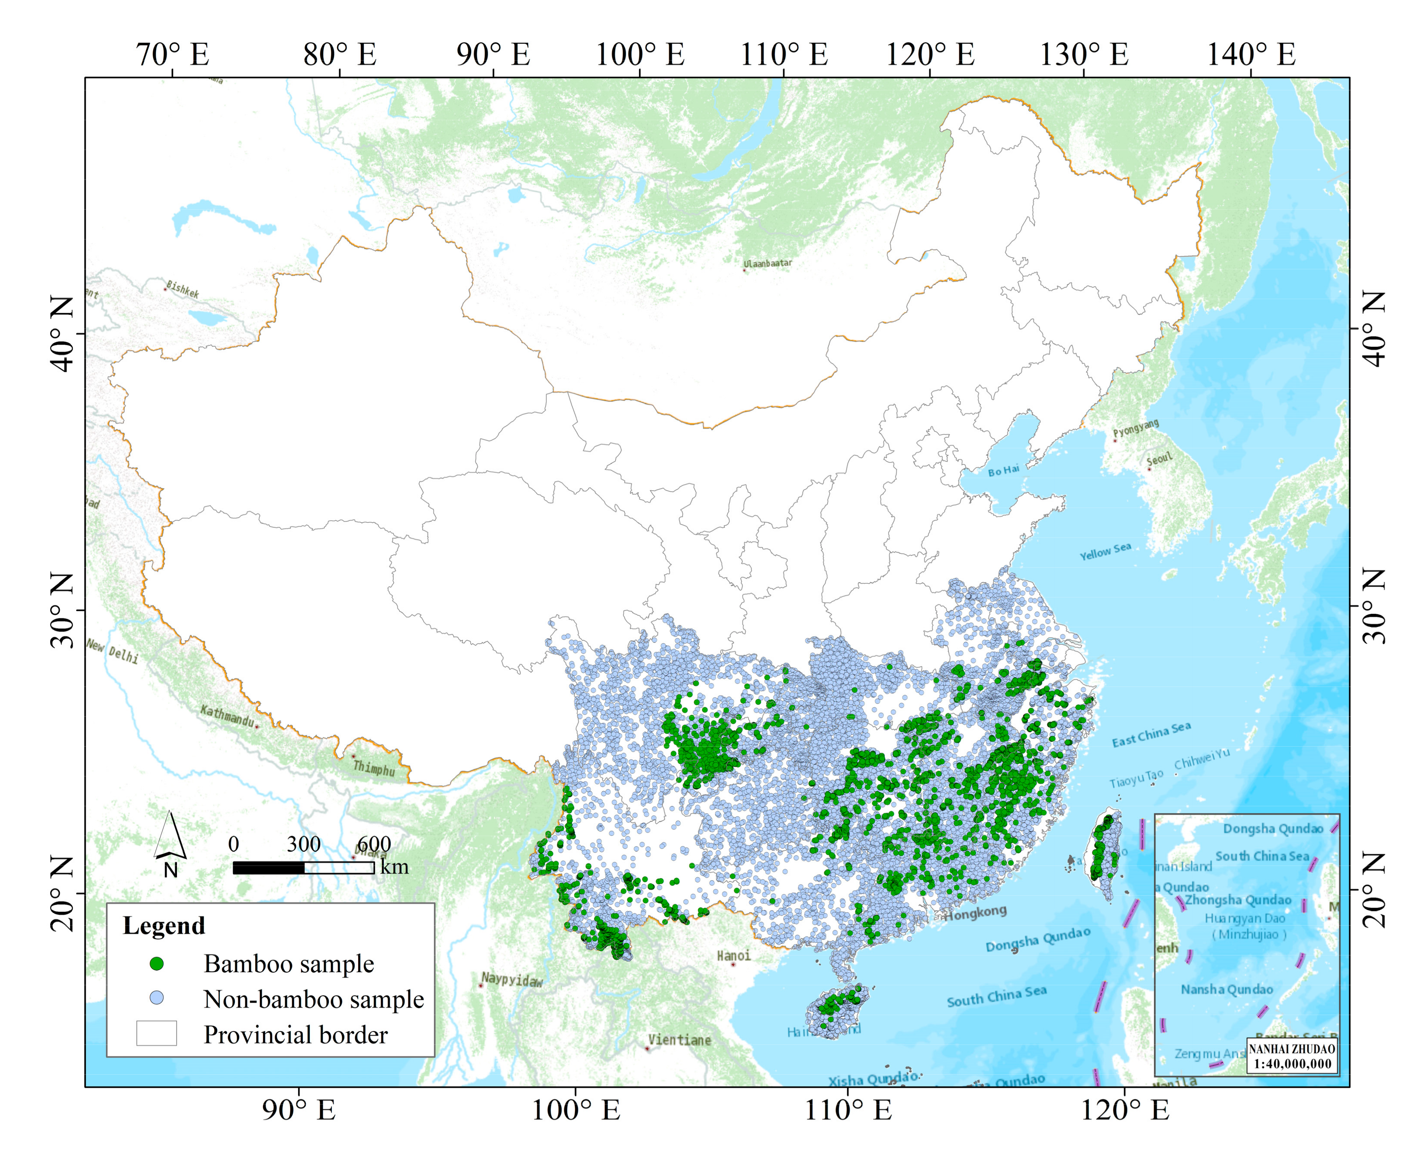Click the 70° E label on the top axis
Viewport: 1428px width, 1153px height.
(x=173, y=54)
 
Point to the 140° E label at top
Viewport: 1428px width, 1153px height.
(x=1251, y=54)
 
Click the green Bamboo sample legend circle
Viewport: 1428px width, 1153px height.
(x=157, y=964)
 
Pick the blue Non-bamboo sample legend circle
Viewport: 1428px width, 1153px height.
(x=157, y=998)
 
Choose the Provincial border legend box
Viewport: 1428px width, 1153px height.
(x=157, y=1033)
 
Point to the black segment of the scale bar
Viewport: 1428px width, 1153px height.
(x=269, y=867)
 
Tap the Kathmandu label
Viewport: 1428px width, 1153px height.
(x=227, y=716)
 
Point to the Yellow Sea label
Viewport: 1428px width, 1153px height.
(x=1105, y=551)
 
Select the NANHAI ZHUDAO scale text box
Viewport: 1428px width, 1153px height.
(x=1292, y=1056)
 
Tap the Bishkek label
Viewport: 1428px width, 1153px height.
(x=183, y=289)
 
